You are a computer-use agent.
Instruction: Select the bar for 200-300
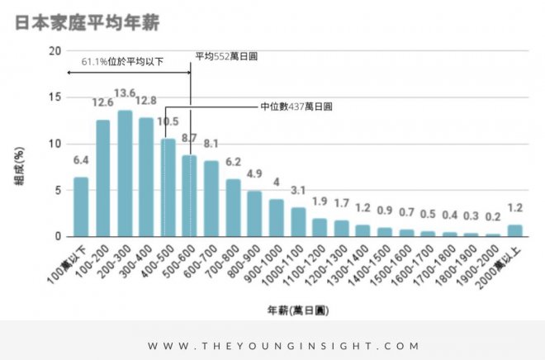point(125,174)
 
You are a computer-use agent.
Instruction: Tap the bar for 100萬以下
point(81,207)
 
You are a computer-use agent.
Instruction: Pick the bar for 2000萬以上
point(514,230)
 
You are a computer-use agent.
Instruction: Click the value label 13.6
point(125,92)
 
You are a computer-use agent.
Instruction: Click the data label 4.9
point(254,173)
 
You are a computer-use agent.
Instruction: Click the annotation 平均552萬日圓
point(227,57)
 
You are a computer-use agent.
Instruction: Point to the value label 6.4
point(81,160)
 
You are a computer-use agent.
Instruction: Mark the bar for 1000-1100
point(298,222)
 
